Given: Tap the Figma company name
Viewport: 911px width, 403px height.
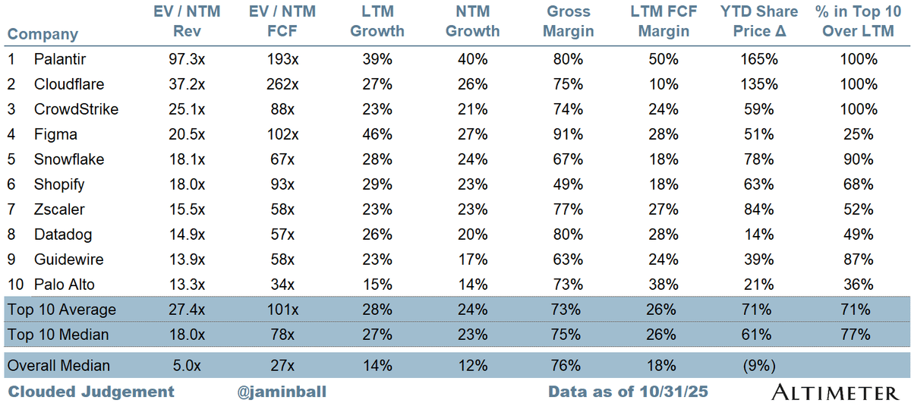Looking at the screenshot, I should pyautogui.click(x=55, y=134).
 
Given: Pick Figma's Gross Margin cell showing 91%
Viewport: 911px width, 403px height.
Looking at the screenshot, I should pyautogui.click(x=569, y=134).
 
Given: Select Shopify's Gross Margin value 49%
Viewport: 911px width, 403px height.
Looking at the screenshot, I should pyautogui.click(x=569, y=184).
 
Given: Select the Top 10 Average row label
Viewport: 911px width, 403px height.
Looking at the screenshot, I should pyautogui.click(x=61, y=310).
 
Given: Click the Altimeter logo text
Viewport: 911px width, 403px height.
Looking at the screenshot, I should pyautogui.click(x=834, y=392).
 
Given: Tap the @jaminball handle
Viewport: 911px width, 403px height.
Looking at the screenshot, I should pyautogui.click(x=282, y=392).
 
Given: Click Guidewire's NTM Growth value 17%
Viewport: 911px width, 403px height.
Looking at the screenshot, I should pyautogui.click(x=472, y=260).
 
